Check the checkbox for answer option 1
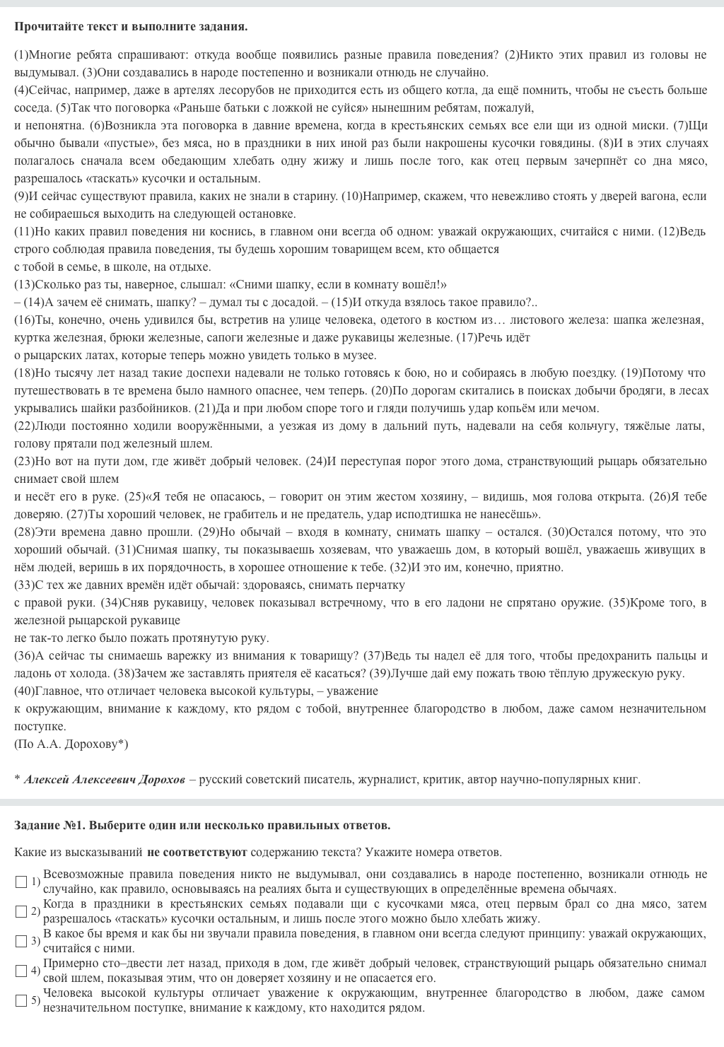click(21, 882)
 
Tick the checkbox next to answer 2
click(21, 911)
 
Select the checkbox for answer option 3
click(21, 941)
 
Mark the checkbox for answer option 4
click(21, 971)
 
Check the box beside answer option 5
click(21, 1000)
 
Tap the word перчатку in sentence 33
click(384, 585)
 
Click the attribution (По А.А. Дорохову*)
click(71, 744)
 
